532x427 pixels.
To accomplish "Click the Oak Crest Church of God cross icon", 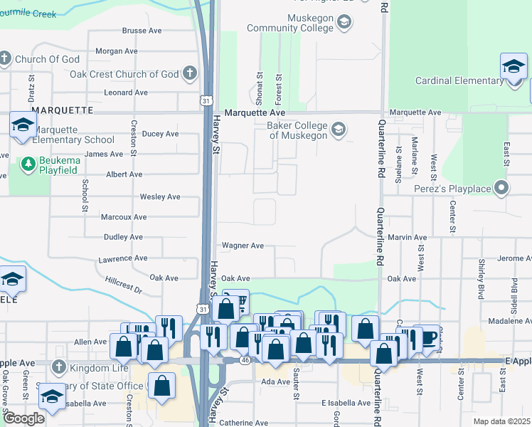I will tap(189, 73).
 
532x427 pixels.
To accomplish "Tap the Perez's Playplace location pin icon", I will tap(501, 189).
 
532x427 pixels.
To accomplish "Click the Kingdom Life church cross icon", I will tap(59, 368).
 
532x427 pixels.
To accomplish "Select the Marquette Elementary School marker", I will tap(23, 125).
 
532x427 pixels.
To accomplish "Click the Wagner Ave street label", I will tap(243, 246).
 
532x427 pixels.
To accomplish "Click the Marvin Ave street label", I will tap(408, 237).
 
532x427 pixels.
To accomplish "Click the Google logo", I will tap(23, 418).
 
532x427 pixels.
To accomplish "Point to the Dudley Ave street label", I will tap(122, 237).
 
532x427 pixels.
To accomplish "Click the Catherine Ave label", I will tap(243, 423).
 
